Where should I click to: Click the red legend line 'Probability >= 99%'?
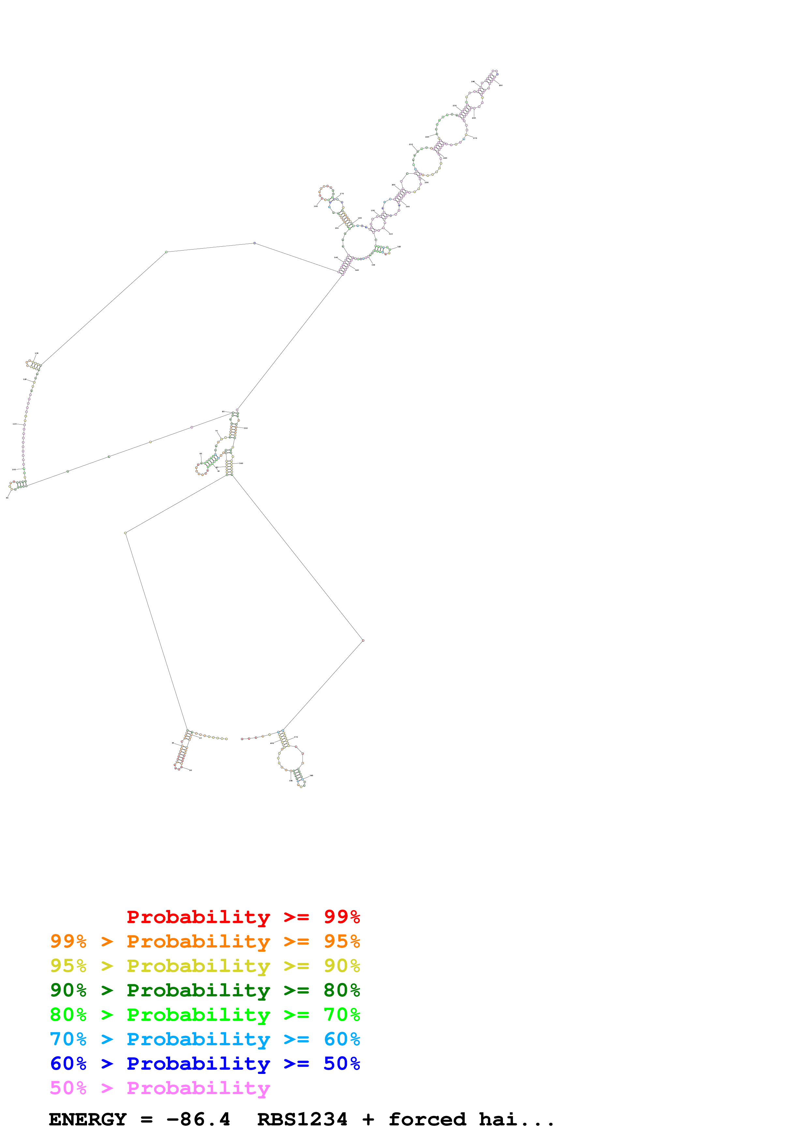click(243, 917)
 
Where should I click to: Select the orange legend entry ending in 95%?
click(205, 941)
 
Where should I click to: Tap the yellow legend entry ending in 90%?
click(205, 965)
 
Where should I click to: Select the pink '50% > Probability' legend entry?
click(159, 1088)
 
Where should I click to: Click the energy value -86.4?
click(198, 1119)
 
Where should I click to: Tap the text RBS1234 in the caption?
click(302, 1119)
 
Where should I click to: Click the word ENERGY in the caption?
click(88, 1119)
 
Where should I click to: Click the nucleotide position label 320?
click(399, 246)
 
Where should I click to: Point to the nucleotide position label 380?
click(312, 775)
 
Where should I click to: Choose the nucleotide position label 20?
click(191, 770)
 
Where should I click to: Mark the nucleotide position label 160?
click(357, 270)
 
